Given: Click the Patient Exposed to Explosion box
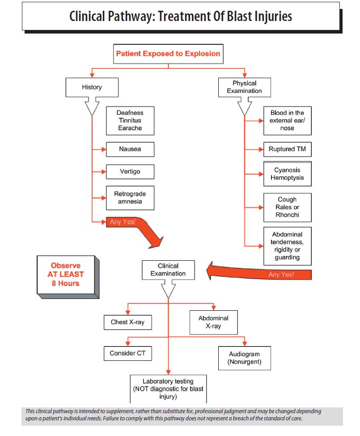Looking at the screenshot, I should (168, 54).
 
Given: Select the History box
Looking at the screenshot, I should (92, 88).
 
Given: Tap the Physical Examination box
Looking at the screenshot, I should (244, 87).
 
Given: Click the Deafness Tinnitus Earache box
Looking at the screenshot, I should (130, 121).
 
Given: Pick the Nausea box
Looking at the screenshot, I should (130, 149).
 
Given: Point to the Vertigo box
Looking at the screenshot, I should (130, 172).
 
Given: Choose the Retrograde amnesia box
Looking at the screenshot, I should (130, 198).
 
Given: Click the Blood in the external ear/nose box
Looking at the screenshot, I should (287, 121).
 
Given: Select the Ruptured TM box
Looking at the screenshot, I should (287, 149).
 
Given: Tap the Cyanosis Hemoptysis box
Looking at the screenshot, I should (287, 174).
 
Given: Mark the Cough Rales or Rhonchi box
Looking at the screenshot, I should (287, 207).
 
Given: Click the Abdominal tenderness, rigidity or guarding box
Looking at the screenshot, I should (287, 246).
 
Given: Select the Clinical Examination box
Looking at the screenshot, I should (168, 270).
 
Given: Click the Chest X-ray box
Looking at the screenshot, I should (128, 322).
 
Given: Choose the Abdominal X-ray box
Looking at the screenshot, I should (213, 322).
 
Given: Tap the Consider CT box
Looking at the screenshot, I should (128, 353).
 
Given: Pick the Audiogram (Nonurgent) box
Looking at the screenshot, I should (244, 357).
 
